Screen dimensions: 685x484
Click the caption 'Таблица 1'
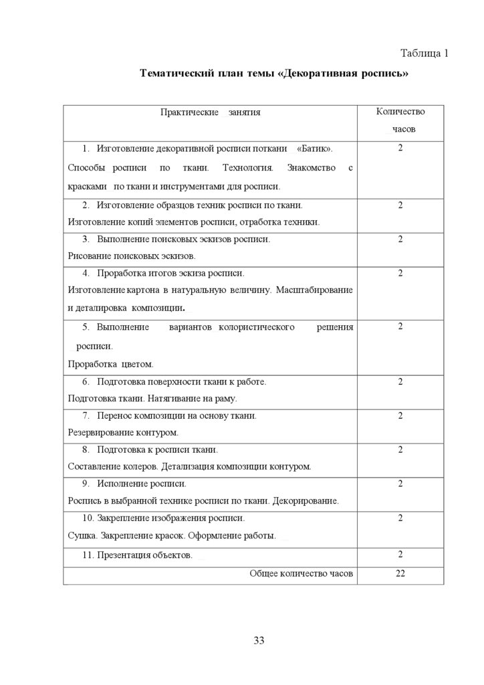[x=424, y=54]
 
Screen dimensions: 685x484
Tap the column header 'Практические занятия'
[x=210, y=112]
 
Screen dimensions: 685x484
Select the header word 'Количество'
[x=400, y=112]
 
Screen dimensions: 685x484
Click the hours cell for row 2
[x=400, y=205]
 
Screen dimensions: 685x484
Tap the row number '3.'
[x=86, y=239]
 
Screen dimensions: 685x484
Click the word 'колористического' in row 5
[x=257, y=327]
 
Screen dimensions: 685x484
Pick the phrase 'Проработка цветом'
[x=111, y=365]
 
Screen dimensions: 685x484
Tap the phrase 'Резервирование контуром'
[x=123, y=433]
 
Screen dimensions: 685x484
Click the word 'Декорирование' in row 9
[x=308, y=500]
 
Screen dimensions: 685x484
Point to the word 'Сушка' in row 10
[x=81, y=536]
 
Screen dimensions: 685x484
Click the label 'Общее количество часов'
[x=301, y=573]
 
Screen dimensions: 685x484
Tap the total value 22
[x=400, y=573]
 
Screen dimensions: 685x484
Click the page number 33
[x=259, y=641]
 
